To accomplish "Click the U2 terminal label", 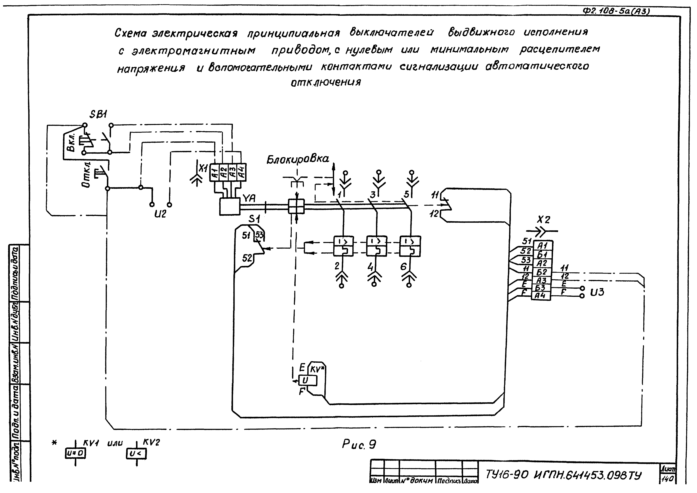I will click(x=160, y=214).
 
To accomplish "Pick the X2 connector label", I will click(x=543, y=220).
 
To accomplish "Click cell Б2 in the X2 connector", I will click(x=542, y=272).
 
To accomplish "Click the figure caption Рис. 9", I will click(x=359, y=445).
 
